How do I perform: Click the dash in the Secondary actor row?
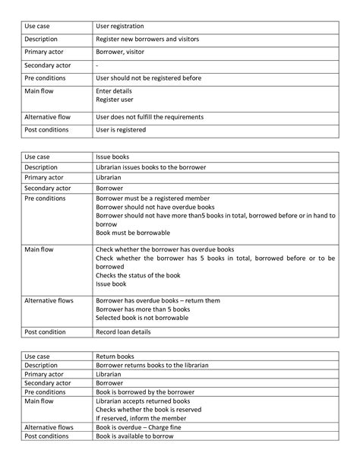[97, 65]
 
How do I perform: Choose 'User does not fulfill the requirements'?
[149, 116]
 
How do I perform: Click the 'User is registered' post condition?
[121, 129]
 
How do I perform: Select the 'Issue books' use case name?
[112, 157]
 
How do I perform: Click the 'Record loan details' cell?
[124, 332]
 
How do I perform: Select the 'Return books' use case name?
[115, 355]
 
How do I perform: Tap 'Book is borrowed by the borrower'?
[144, 392]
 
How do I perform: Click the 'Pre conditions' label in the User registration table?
[45, 78]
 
